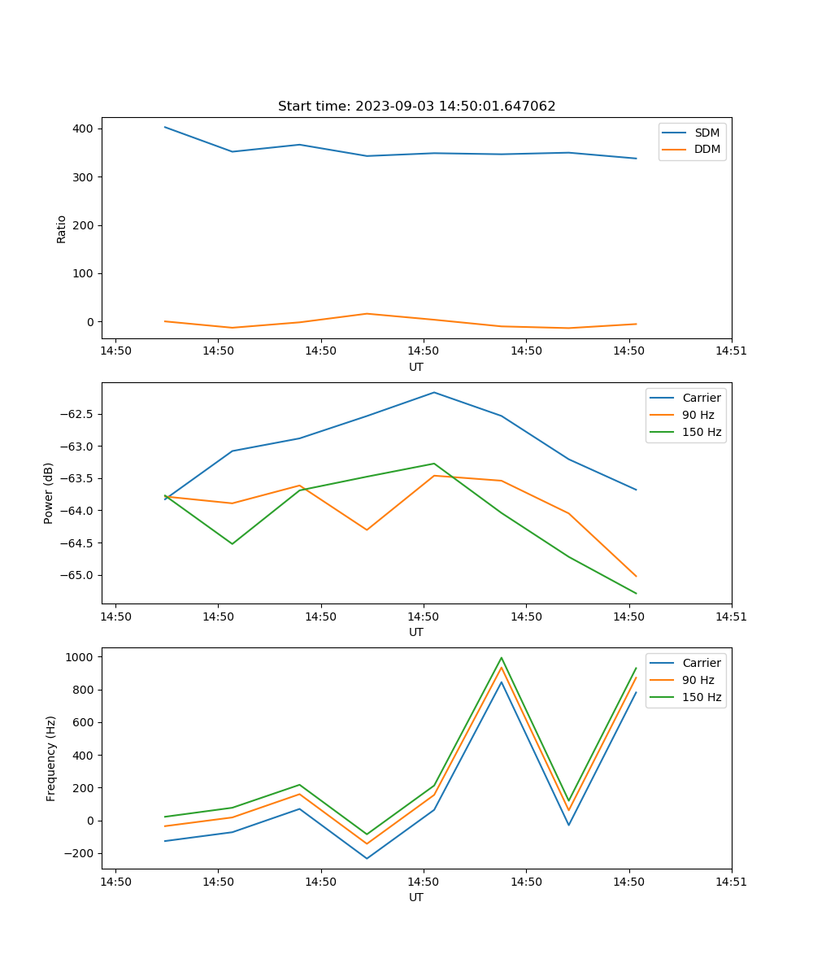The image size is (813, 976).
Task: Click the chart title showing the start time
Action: [x=416, y=107]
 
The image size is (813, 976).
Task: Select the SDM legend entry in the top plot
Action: [x=706, y=133]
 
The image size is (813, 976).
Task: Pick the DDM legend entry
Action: [x=706, y=149]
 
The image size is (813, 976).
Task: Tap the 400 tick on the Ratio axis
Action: [x=83, y=129]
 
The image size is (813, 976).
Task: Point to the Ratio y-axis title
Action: [x=62, y=229]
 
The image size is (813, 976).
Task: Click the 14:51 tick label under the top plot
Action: [x=731, y=351]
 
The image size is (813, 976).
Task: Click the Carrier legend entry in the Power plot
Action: [x=701, y=398]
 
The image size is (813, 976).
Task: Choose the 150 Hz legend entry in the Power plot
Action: [x=701, y=432]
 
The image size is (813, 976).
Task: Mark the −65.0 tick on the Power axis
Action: [x=78, y=575]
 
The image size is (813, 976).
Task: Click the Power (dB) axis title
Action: [x=49, y=493]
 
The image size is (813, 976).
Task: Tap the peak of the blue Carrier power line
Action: [x=434, y=392]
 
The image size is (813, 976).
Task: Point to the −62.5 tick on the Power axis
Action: [x=78, y=414]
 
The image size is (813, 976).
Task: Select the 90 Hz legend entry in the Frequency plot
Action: [x=698, y=680]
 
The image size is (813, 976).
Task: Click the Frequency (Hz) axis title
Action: [x=51, y=758]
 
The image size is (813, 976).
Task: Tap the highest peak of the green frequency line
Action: [x=502, y=658]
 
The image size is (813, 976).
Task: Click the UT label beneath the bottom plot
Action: [x=416, y=897]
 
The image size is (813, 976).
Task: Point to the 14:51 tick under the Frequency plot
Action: [x=731, y=882]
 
